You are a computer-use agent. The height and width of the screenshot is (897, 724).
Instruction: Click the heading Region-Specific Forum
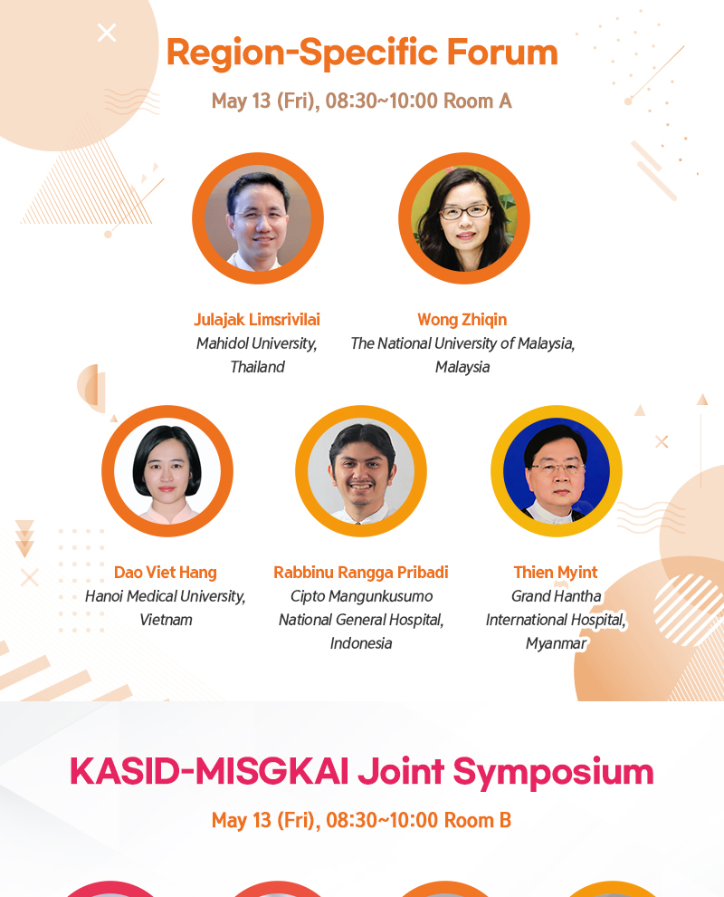point(362,53)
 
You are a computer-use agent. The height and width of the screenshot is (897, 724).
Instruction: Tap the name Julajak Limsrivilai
point(257,320)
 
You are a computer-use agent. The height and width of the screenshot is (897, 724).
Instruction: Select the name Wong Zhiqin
point(462,320)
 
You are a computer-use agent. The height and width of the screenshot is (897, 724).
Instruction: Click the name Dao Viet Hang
point(166,572)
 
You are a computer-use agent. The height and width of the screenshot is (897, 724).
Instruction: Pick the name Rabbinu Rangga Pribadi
point(360,573)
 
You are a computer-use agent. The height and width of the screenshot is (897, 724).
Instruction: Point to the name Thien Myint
point(556,572)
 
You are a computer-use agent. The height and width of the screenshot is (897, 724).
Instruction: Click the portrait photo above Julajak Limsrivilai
point(258,218)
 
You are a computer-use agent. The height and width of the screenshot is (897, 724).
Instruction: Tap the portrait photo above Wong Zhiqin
point(464,218)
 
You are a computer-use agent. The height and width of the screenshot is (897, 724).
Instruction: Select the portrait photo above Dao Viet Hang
point(167,471)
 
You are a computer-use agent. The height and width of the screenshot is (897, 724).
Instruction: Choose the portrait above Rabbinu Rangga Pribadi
point(360,471)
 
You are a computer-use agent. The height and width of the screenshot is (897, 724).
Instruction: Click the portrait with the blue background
point(556,471)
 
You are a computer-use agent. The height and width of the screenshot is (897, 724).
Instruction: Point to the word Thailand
point(257,367)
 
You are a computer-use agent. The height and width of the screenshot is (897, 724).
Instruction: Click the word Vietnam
point(166,620)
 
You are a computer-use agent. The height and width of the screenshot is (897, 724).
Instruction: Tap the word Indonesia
point(360,643)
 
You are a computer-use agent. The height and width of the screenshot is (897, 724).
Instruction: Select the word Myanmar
point(556,644)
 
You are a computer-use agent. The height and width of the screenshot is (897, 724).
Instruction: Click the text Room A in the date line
point(478,101)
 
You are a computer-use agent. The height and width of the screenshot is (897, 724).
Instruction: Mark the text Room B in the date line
point(478,820)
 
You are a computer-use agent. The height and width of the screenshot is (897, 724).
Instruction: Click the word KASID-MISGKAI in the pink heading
point(208,772)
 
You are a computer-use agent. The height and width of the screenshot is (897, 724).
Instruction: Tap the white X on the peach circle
point(107,33)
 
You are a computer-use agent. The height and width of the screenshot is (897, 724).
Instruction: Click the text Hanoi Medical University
point(165,597)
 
